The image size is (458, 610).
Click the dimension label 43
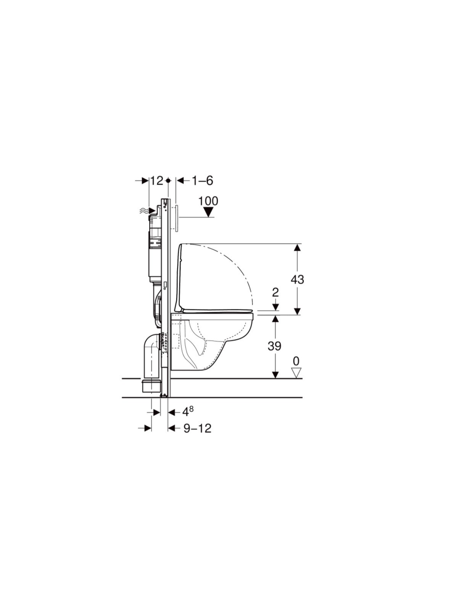297,279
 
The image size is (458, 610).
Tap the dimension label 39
274,346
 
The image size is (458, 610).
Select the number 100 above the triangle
208,201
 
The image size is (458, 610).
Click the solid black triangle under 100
208,213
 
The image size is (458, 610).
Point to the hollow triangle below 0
296,372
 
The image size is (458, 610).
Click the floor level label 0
296,361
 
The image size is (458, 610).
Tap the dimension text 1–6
202,181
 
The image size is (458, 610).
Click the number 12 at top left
157,181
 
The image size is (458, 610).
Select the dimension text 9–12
197,428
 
